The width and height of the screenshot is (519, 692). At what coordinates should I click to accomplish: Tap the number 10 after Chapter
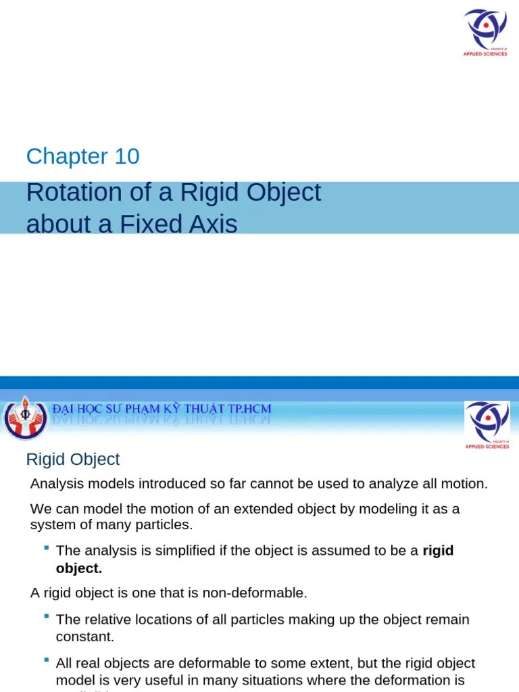click(127, 157)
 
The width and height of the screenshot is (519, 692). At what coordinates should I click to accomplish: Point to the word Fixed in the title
click(160, 224)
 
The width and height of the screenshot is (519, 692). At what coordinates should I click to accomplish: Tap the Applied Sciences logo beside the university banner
click(487, 424)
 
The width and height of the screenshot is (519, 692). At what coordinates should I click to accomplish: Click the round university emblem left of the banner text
click(24, 418)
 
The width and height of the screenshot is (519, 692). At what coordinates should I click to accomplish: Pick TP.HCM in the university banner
click(248, 410)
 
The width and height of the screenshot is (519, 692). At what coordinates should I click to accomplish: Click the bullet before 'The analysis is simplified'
click(46, 547)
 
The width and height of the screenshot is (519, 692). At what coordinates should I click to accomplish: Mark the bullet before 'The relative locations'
click(46, 616)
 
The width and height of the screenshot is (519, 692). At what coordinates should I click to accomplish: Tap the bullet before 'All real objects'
click(46, 660)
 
